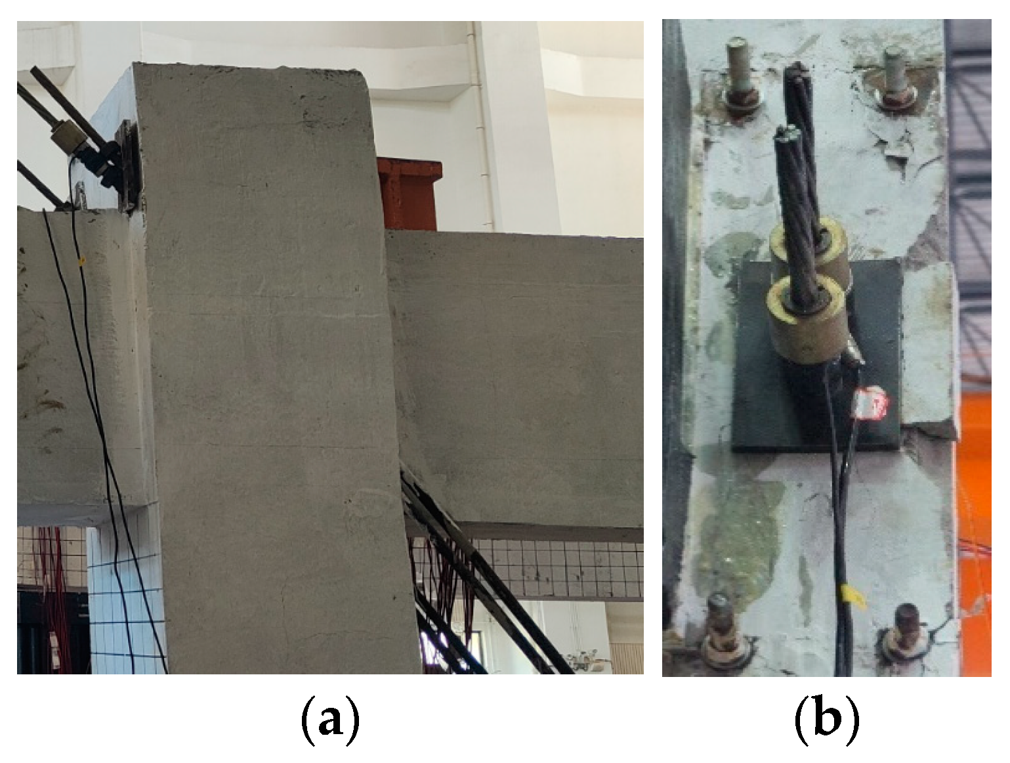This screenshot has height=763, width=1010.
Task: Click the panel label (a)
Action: click(x=330, y=721)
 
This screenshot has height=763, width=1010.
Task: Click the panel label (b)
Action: click(x=827, y=721)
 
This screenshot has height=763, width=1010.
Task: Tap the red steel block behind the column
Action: click(x=410, y=193)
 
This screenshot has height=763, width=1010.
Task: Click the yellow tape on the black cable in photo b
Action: click(x=852, y=598)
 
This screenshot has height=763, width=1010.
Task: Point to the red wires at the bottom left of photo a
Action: click(x=54, y=598)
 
